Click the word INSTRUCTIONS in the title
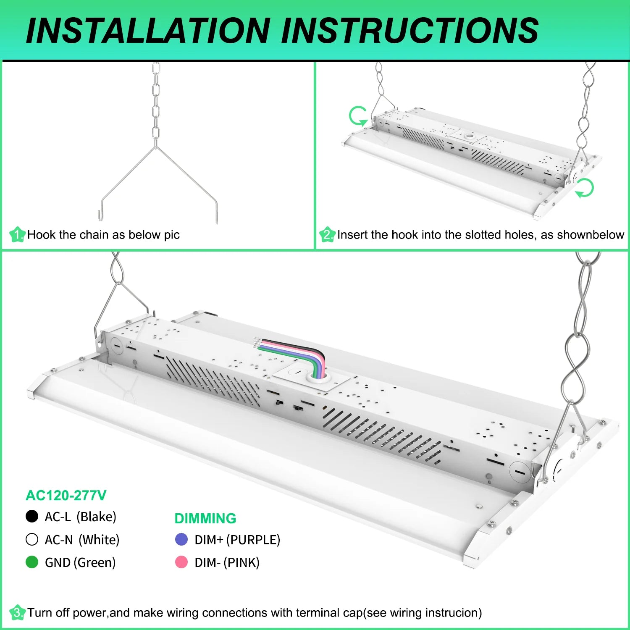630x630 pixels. coord(409,31)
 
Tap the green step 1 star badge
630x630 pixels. coord(17,234)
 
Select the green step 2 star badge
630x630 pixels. coord(327,234)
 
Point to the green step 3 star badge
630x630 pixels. coord(17,612)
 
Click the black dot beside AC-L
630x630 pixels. coord(32,516)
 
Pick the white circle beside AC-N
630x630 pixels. coord(32,539)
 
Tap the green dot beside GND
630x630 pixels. coord(32,562)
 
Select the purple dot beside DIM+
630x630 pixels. coord(181,539)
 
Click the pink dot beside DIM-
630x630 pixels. coord(181,562)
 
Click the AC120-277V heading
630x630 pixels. coord(66,496)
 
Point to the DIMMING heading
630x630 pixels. coord(205,518)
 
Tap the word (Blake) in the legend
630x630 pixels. coord(97,517)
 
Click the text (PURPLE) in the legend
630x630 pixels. coord(253,540)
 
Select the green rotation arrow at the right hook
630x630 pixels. coord(584,187)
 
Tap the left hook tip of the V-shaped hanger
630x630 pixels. coord(100,216)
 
